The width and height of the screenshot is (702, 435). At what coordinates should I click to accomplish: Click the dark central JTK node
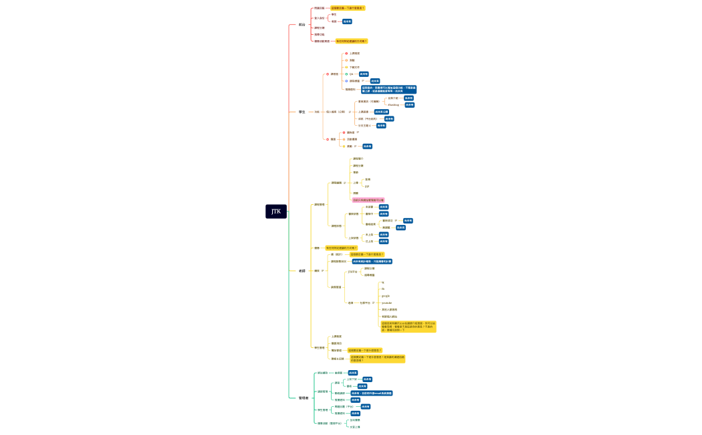tap(276, 211)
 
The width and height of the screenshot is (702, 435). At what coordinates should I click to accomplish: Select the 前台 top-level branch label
tap(302, 25)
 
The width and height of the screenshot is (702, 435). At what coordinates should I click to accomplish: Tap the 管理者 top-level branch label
tap(303, 398)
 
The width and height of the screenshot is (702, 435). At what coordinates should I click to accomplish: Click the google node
tap(385, 296)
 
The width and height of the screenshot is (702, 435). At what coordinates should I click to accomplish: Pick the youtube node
tap(386, 302)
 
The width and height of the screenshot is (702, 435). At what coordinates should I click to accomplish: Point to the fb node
tap(383, 289)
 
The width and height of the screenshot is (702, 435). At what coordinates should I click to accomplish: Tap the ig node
tap(383, 282)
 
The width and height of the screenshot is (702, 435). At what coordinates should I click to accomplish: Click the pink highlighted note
tap(368, 199)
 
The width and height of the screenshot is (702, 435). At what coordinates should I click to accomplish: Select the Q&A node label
tap(352, 74)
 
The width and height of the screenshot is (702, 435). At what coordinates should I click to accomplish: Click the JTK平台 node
tap(352, 272)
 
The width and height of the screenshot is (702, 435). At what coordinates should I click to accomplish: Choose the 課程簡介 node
tap(358, 159)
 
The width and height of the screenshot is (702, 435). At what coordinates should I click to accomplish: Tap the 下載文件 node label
tap(354, 67)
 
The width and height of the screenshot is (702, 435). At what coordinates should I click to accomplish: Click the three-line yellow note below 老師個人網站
tap(408, 327)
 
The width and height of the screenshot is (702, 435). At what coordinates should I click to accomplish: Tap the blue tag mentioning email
tap(367, 393)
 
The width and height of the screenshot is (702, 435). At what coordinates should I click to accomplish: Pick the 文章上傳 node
tap(354, 427)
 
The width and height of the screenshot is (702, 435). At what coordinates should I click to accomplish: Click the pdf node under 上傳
tap(367, 186)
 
